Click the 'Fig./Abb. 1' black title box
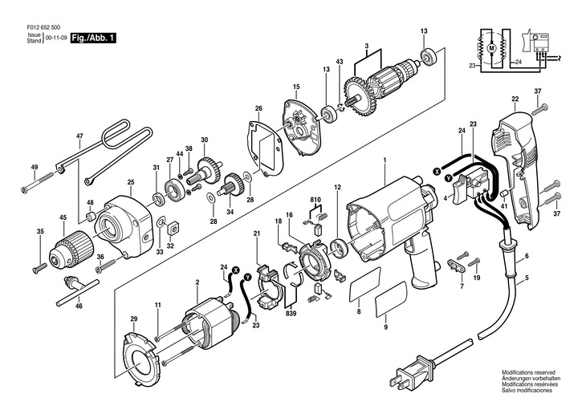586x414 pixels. click(x=90, y=38)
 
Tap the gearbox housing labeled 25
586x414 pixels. click(x=126, y=221)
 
